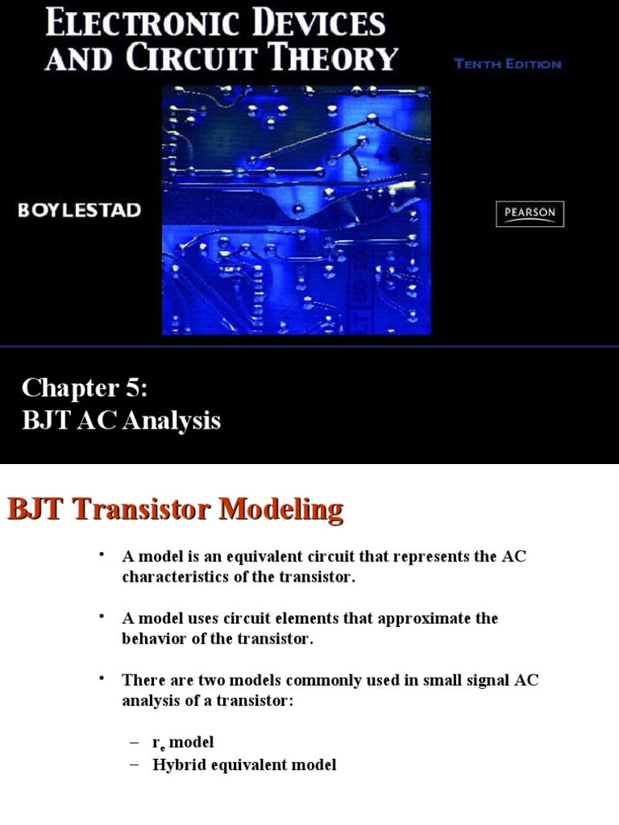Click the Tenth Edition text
pyautogui.click(x=507, y=64)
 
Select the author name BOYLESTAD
pyautogui.click(x=80, y=210)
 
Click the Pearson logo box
pyautogui.click(x=530, y=214)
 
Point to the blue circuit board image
pyautogui.click(x=296, y=209)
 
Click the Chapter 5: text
pyautogui.click(x=85, y=388)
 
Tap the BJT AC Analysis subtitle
pyautogui.click(x=121, y=420)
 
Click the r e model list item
pyautogui.click(x=183, y=742)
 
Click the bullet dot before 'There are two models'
pyautogui.click(x=102, y=678)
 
